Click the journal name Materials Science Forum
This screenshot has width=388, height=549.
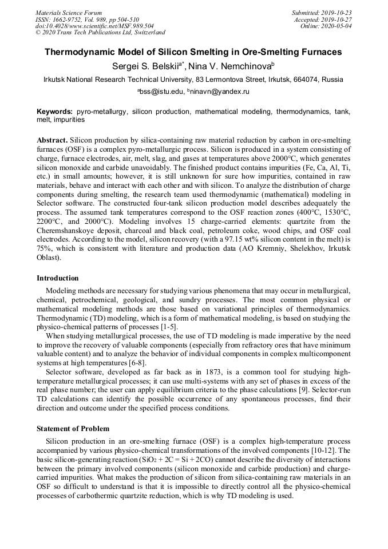point(69,13)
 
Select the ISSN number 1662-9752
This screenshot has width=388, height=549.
point(69,19)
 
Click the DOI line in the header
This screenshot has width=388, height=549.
point(94,26)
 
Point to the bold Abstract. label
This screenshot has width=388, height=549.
point(53,140)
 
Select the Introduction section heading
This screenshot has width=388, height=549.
point(58,278)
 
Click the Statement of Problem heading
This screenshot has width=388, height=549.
point(73,428)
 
